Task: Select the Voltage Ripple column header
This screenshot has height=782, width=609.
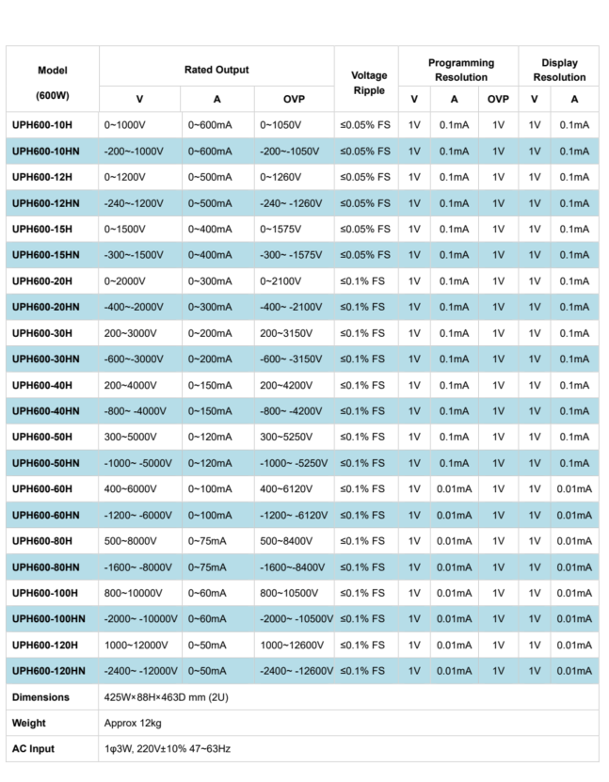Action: click(369, 83)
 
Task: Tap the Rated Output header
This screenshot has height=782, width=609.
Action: click(216, 70)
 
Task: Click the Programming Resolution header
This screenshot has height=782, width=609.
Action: click(460, 70)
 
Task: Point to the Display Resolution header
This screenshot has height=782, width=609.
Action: click(559, 70)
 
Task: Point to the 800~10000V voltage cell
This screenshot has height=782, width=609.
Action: click(135, 593)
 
